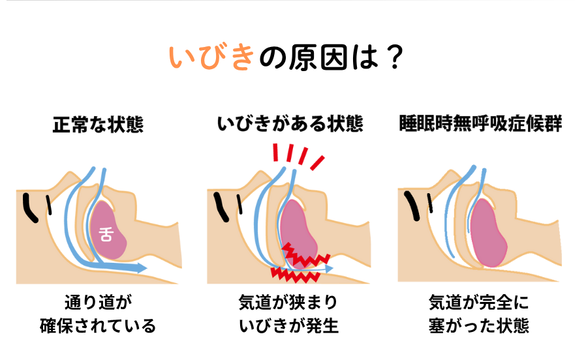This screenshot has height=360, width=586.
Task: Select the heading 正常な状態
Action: pyautogui.click(x=98, y=125)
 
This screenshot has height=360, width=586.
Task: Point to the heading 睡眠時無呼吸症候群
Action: pyautogui.click(x=481, y=125)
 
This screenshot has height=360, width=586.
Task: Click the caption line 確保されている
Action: pyautogui.click(x=98, y=325)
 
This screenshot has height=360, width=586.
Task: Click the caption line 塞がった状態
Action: pyautogui.click(x=481, y=325)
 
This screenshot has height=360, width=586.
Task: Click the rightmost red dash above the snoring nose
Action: pyautogui.click(x=318, y=161)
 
